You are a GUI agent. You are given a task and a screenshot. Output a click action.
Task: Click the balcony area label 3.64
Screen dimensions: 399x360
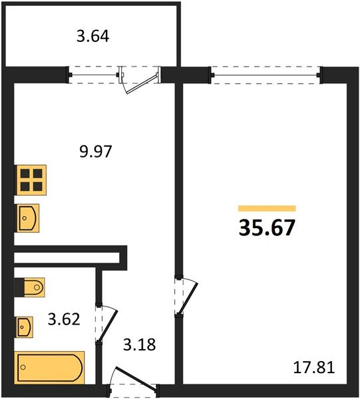[92, 36]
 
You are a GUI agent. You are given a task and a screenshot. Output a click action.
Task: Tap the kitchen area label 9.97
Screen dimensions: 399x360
[96, 151]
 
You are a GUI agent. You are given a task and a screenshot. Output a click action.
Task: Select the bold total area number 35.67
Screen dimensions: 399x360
[267, 227]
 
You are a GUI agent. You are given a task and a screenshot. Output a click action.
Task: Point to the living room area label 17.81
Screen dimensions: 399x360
[312, 367]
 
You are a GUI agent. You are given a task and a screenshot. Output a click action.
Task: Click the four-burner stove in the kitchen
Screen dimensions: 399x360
[31, 180]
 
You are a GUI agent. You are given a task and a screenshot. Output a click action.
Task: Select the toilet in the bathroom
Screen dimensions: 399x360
[30, 287]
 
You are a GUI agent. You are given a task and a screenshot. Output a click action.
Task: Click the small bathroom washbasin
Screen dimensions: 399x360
[26, 327]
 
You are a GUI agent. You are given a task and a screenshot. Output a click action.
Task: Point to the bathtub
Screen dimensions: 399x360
[50, 367]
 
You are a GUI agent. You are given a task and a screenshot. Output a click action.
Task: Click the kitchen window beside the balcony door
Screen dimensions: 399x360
[94, 74]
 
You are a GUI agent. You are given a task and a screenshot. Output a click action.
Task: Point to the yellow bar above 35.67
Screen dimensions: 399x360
[266, 208]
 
